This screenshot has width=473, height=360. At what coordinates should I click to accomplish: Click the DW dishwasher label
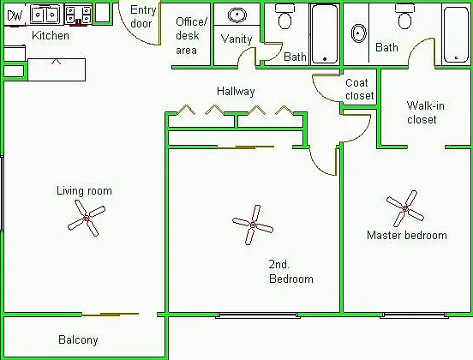pyautogui.click(x=15, y=15)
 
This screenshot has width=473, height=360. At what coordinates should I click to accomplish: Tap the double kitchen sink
pyautogui.click(x=45, y=15)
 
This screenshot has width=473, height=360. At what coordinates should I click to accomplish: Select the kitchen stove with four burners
pyautogui.click(x=79, y=15)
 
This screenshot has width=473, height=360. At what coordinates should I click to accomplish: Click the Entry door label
pyautogui.click(x=143, y=16)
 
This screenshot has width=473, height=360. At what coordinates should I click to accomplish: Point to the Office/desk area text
pyautogui.click(x=191, y=36)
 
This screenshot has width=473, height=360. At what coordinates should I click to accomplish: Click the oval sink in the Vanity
pyautogui.click(x=237, y=15)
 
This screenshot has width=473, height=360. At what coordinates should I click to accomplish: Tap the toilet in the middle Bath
pyautogui.click(x=284, y=16)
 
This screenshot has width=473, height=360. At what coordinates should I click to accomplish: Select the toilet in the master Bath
pyautogui.click(x=404, y=16)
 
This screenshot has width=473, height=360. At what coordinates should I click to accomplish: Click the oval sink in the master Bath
pyautogui.click(x=359, y=33)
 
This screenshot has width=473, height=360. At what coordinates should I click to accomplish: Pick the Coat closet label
pyautogui.click(x=360, y=89)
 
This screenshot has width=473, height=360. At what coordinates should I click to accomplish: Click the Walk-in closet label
pyautogui.click(x=425, y=112)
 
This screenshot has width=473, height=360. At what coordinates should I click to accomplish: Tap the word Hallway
pyautogui.click(x=236, y=91)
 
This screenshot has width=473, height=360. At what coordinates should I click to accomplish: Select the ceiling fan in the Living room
pyautogui.click(x=87, y=218)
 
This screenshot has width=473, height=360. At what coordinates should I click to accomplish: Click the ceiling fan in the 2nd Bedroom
pyautogui.click(x=253, y=225)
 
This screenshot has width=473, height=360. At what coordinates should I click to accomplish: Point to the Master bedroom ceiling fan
pyautogui.click(x=405, y=208)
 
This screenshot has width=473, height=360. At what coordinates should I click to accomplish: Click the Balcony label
pyautogui.click(x=78, y=339)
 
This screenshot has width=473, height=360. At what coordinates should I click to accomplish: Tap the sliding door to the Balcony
pyautogui.click(x=110, y=315)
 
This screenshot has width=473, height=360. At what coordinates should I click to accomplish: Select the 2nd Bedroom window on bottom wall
pyautogui.click(x=258, y=315)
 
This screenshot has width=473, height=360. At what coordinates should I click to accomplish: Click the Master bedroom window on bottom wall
pyautogui.click(x=414, y=315)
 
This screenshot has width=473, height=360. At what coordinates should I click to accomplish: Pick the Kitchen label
pyautogui.click(x=51, y=36)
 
